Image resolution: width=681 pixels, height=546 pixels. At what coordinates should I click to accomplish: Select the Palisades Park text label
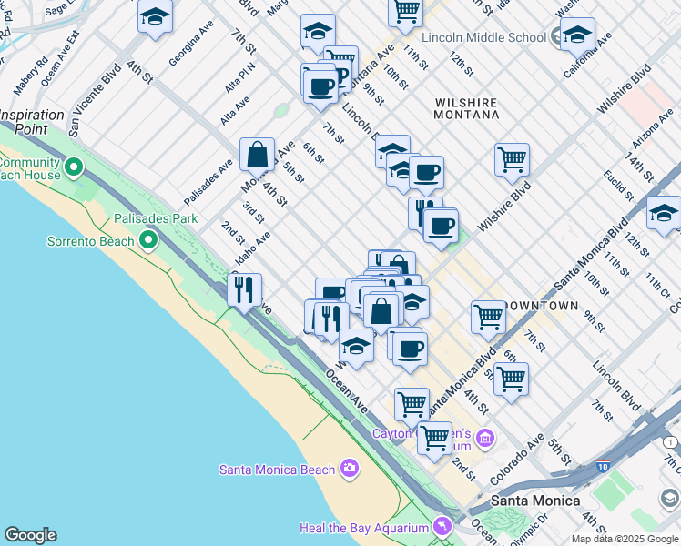pos(156,219)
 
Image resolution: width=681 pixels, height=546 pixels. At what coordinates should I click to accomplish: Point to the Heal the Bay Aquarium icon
pos(442,527)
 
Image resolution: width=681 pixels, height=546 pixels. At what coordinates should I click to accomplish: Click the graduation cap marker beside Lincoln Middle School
pos(577,35)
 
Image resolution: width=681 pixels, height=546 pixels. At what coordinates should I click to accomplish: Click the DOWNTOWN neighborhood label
pos(541,306)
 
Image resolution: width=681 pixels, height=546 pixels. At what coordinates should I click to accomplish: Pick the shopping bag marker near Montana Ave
pos(258,155)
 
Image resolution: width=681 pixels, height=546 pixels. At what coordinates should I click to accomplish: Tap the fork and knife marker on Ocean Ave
pos(244,289)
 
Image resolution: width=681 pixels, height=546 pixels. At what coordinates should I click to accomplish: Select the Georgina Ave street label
pos(190,45)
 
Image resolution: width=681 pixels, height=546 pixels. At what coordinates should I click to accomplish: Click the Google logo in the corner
pos(30,535)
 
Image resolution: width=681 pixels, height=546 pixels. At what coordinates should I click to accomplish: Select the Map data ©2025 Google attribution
pos(625,539)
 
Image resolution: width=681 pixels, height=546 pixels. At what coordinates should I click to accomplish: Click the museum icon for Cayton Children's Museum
pos(484,440)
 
